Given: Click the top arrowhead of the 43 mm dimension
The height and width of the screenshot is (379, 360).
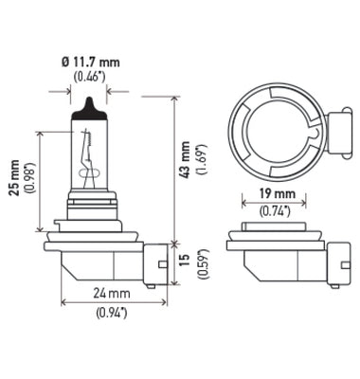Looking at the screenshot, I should [175, 97].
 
